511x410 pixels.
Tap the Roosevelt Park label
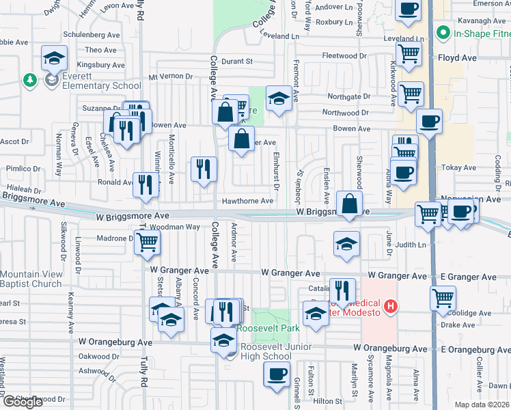click(x=268, y=328)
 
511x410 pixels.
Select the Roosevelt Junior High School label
click(x=267, y=351)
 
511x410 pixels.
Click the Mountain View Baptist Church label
click(x=31, y=279)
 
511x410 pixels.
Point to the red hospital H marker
click(x=391, y=306)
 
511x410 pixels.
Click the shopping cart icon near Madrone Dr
click(x=147, y=243)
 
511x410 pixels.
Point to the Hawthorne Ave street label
click(x=247, y=201)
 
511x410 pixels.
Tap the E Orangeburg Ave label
click(x=472, y=350)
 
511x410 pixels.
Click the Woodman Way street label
click(x=175, y=226)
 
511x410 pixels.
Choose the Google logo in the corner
click(x=23, y=402)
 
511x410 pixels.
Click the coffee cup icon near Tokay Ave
click(x=402, y=172)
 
